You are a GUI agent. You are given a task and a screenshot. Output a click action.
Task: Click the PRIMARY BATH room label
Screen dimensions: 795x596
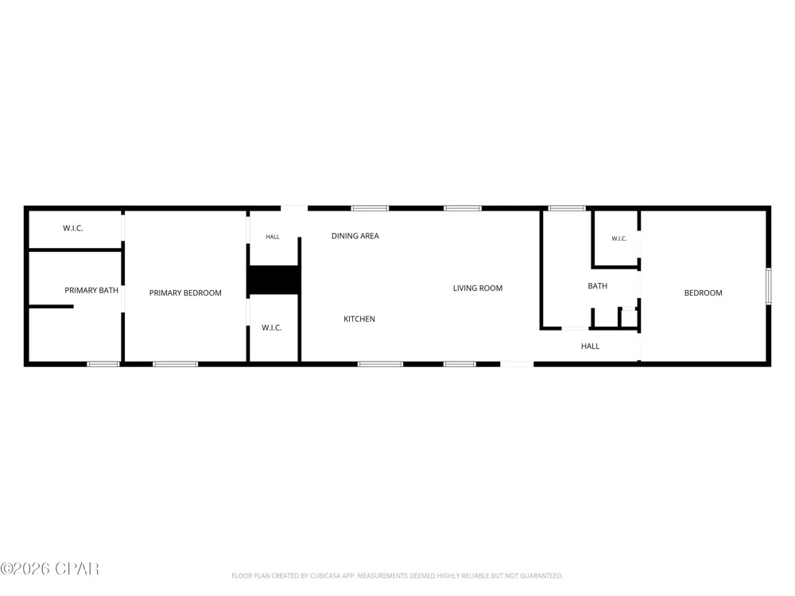coord(91,290)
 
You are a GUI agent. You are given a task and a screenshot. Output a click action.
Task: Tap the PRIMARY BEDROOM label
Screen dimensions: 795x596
coord(185,293)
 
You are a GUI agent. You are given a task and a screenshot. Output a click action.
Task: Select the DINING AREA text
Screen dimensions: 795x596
coord(355,236)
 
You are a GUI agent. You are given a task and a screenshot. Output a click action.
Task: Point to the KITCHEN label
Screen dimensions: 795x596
coord(359,319)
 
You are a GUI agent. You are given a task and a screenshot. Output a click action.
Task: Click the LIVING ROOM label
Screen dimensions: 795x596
coord(478,288)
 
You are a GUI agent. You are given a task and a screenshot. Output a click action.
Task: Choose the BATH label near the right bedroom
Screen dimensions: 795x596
coord(597,286)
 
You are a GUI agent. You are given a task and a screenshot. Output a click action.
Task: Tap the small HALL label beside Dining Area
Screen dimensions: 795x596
coord(272,237)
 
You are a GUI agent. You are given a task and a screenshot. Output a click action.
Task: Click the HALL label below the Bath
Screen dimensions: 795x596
coord(590,346)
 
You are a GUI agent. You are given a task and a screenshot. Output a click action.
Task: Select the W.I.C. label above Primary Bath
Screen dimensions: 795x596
coord(73,228)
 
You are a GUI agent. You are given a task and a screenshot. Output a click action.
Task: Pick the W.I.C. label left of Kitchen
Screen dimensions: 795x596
coord(271,328)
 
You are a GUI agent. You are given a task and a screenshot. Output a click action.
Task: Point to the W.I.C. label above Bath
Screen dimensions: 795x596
coord(619,238)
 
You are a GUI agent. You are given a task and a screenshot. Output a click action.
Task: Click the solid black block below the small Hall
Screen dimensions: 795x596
coord(273,280)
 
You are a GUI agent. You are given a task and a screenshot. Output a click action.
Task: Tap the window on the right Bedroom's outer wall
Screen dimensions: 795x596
coord(769,286)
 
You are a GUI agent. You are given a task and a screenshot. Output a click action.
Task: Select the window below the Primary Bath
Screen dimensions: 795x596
coord(103,364)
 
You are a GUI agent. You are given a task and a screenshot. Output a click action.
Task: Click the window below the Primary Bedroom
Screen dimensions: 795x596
coord(176,364)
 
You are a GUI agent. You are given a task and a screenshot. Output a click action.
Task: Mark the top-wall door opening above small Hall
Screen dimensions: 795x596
coord(294,207)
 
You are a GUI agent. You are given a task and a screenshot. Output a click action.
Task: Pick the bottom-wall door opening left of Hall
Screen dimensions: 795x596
coord(517,364)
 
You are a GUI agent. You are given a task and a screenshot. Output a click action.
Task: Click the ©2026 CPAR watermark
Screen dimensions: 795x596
coord(49,569)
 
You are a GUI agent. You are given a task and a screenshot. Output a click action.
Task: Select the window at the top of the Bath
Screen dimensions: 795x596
coord(567,207)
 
